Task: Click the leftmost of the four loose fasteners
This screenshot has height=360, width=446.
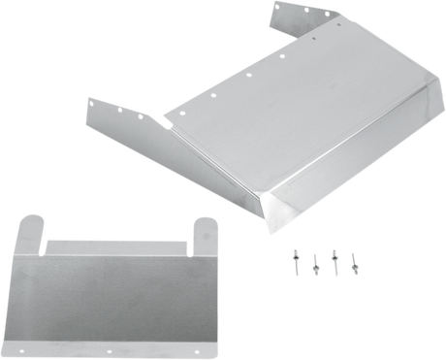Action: [294, 256]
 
